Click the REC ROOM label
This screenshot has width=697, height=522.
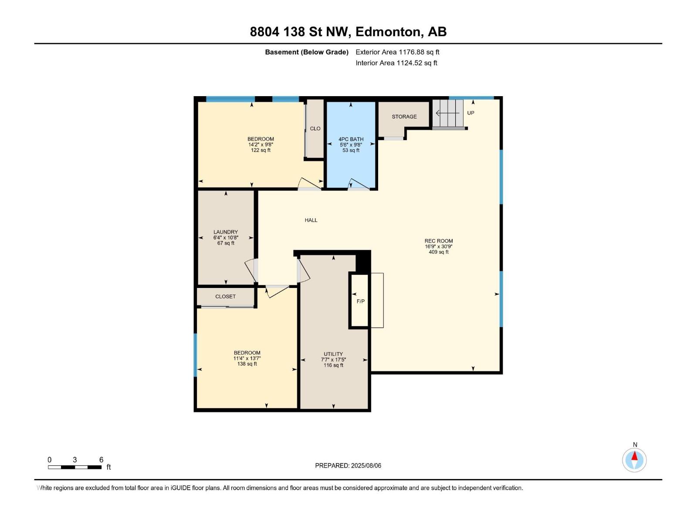[x=439, y=241]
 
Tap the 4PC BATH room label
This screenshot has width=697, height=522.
[x=351, y=139]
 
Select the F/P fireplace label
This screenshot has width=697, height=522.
[x=361, y=301]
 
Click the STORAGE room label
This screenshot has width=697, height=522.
[x=404, y=117]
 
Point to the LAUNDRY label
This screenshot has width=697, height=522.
[x=226, y=232]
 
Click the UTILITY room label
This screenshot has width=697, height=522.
[x=333, y=354]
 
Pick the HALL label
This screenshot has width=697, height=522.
[x=311, y=220]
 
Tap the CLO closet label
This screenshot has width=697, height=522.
[x=315, y=128]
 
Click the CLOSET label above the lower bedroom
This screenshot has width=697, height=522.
[x=225, y=296]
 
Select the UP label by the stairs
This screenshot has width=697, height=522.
[x=470, y=113]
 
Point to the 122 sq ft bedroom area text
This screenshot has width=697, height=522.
[x=261, y=151]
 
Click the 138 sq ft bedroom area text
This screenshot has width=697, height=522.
[x=247, y=364]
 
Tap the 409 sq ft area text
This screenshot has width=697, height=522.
[x=439, y=252]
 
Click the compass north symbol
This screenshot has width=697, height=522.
[x=634, y=459]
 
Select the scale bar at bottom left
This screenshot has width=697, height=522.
[x=74, y=467]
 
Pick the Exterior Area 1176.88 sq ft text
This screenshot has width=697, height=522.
[x=397, y=52]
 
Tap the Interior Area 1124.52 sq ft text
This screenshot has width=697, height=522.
[x=396, y=63]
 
